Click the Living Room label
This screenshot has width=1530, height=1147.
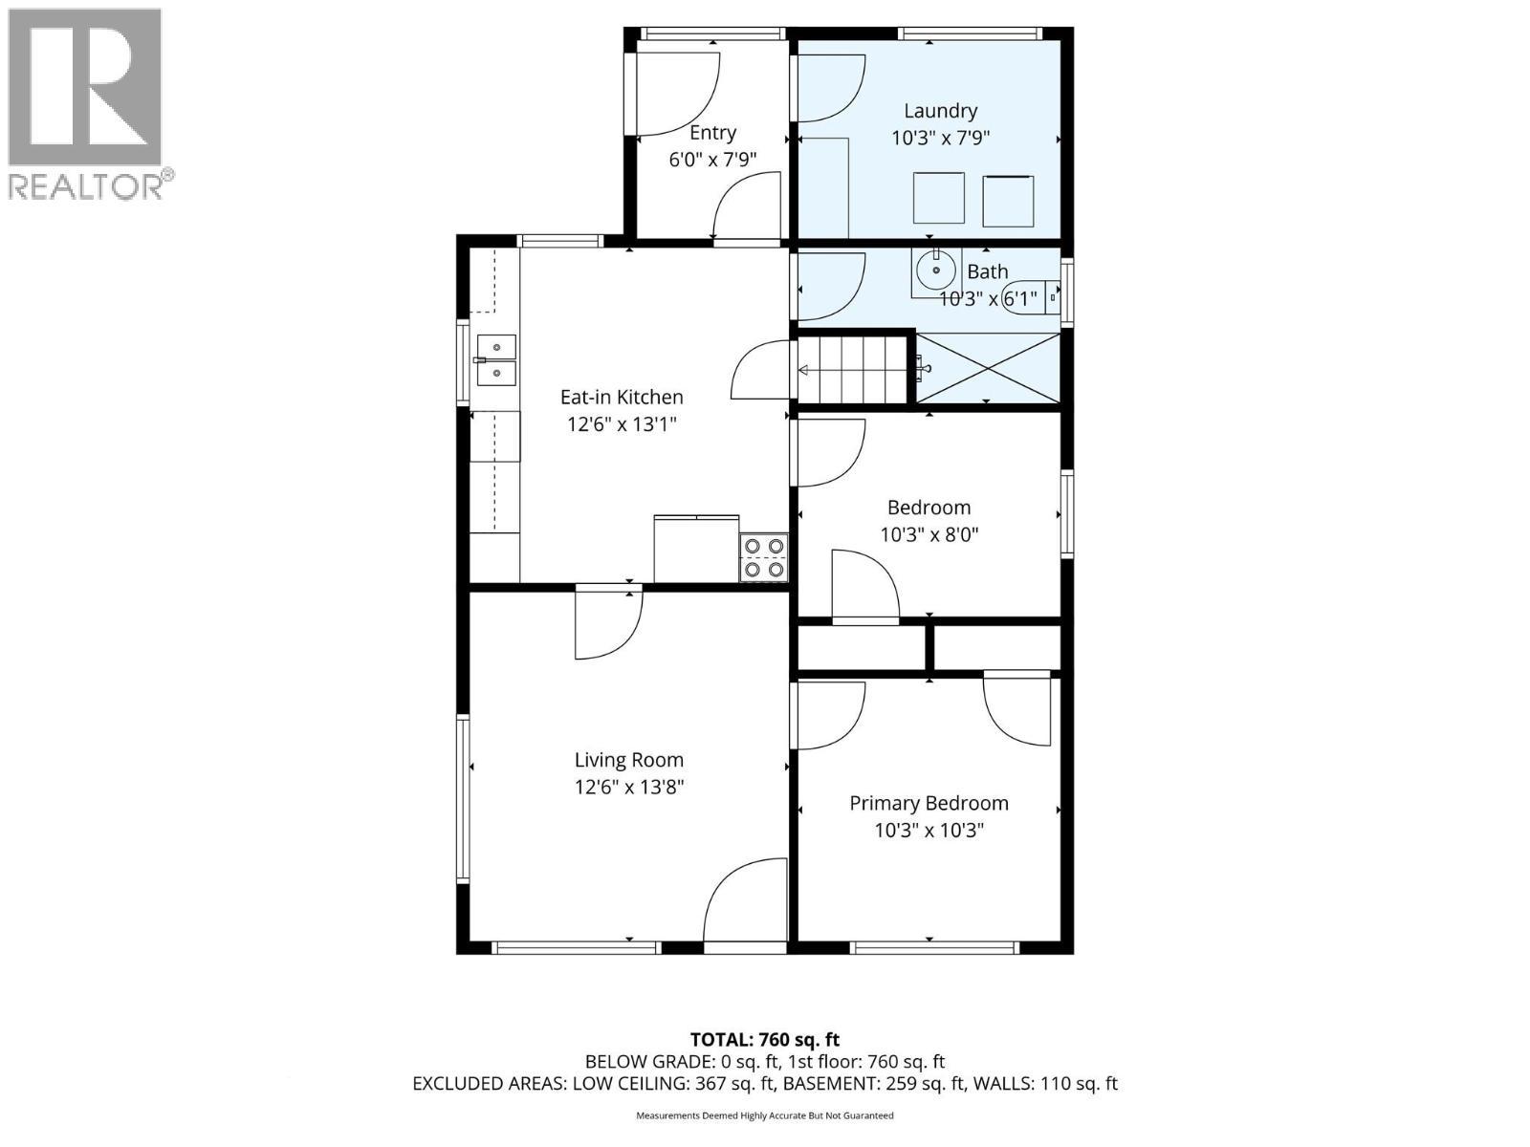click(x=628, y=760)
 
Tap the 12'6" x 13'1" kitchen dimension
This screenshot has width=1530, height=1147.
click(x=622, y=423)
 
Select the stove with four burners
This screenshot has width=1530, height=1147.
click(x=763, y=557)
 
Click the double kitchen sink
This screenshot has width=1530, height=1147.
click(x=495, y=359)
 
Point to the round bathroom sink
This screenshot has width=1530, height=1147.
click(x=934, y=271)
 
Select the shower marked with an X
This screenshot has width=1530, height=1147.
click(x=989, y=368)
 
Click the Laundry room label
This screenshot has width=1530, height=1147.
click(x=940, y=111)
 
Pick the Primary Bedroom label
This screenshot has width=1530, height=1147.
click(x=929, y=803)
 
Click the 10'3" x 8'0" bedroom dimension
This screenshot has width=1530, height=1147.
click(x=929, y=534)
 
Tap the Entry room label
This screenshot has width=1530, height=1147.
click(x=712, y=133)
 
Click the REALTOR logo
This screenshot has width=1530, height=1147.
click(x=86, y=103)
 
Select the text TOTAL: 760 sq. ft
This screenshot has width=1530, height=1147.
click(x=764, y=1039)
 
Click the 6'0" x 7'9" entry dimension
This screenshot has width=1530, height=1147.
click(x=712, y=160)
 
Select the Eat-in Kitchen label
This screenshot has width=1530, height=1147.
click(x=622, y=397)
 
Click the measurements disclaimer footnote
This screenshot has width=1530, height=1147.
click(x=764, y=1115)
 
